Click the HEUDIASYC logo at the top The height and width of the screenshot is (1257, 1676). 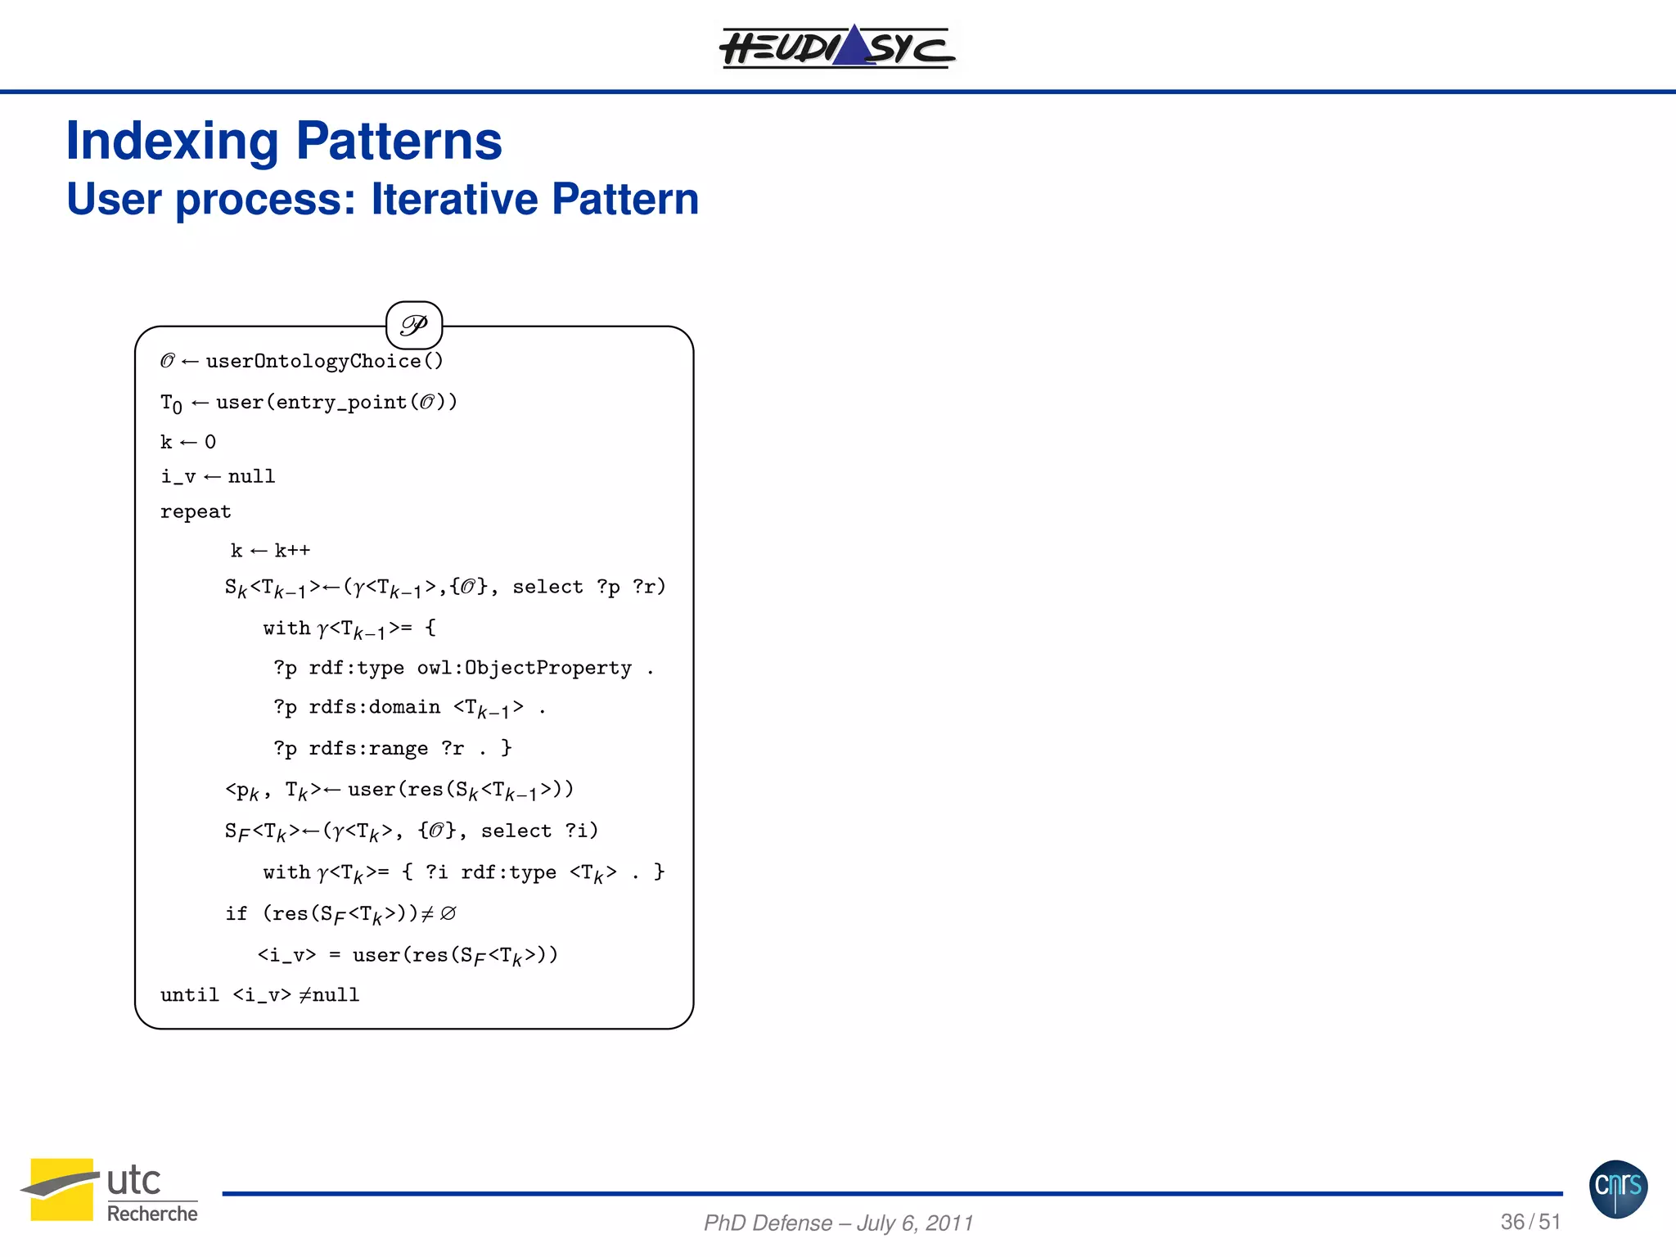tap(836, 47)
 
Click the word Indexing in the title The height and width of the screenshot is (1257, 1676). tap(172, 141)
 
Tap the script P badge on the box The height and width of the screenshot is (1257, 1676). tap(414, 326)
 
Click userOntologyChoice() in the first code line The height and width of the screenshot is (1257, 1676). tap(324, 361)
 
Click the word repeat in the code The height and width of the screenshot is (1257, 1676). tap(196, 511)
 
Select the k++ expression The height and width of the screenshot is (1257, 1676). tap(292, 551)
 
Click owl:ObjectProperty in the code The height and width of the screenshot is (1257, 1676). tap(524, 668)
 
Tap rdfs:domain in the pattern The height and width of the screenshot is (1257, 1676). tap(374, 707)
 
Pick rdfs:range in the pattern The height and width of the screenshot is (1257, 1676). tap(368, 748)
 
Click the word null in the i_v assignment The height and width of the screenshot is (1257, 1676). tap(251, 476)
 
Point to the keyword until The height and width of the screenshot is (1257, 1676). tap(189, 994)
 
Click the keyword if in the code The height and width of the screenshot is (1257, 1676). tap(236, 913)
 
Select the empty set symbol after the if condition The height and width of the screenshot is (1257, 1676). tap(448, 913)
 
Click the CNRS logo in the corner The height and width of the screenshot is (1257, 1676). tap(1618, 1188)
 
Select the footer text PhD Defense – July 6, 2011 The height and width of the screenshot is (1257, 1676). tap(838, 1223)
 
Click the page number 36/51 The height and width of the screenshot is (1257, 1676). tap(1530, 1222)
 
